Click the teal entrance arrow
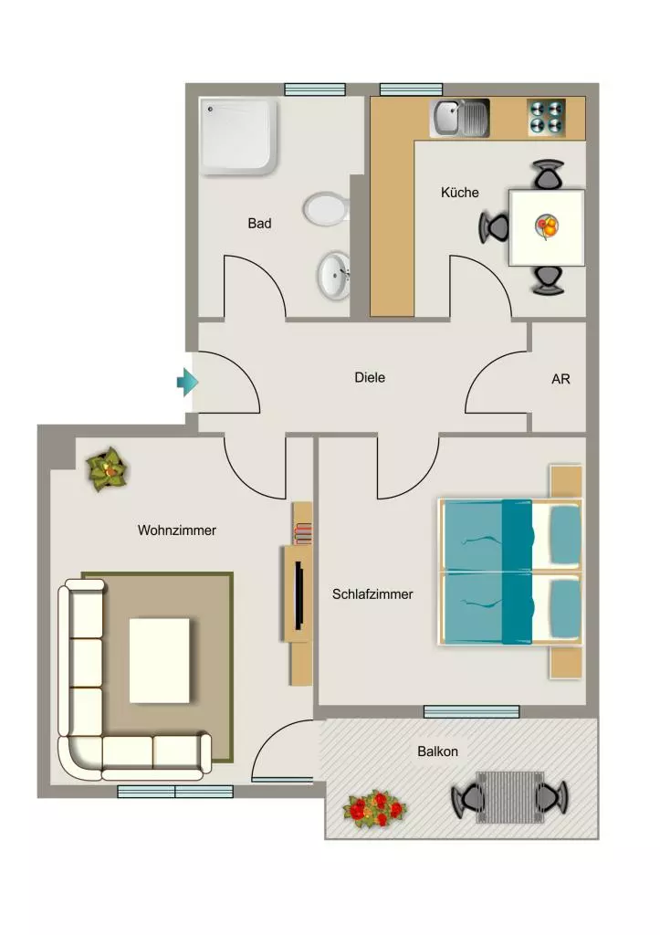(x=188, y=382)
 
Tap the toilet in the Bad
(x=326, y=209)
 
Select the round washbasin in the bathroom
(x=334, y=276)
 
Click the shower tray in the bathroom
(x=239, y=137)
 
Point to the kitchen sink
(x=460, y=118)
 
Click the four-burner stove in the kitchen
(x=547, y=117)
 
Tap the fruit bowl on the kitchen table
(x=548, y=226)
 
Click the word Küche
(x=460, y=193)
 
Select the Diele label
(x=370, y=377)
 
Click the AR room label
(x=561, y=379)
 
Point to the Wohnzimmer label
(x=177, y=531)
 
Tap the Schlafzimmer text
(x=372, y=594)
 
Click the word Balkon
(x=437, y=751)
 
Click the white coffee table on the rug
(x=160, y=660)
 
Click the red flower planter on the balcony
(x=375, y=809)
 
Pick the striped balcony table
(x=509, y=797)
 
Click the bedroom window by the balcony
(x=471, y=711)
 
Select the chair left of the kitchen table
(x=494, y=227)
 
